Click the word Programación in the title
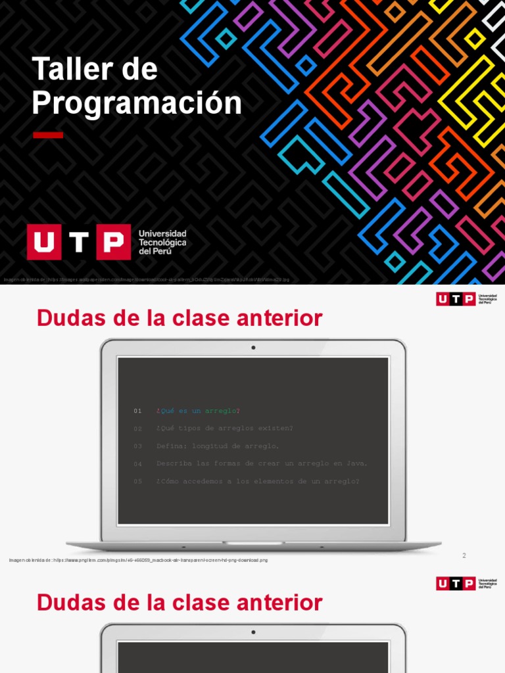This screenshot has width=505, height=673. (x=137, y=103)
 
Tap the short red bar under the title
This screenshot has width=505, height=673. (x=48, y=135)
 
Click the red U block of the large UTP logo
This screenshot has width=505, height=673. (x=43, y=242)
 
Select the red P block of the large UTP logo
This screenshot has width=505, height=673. (x=114, y=242)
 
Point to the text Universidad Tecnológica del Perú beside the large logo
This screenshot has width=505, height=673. (x=162, y=243)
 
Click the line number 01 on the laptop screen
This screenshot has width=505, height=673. (x=137, y=411)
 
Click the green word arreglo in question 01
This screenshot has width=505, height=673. (x=220, y=411)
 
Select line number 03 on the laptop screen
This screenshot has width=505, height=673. (x=137, y=446)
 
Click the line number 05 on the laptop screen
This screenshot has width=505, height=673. (x=137, y=481)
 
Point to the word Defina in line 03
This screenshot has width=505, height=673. (x=171, y=446)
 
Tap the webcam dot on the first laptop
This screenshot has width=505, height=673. (x=253, y=347)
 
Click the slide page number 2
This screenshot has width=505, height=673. (x=464, y=555)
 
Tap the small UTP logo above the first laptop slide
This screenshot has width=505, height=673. (x=456, y=299)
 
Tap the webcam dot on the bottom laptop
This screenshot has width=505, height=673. (x=253, y=632)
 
